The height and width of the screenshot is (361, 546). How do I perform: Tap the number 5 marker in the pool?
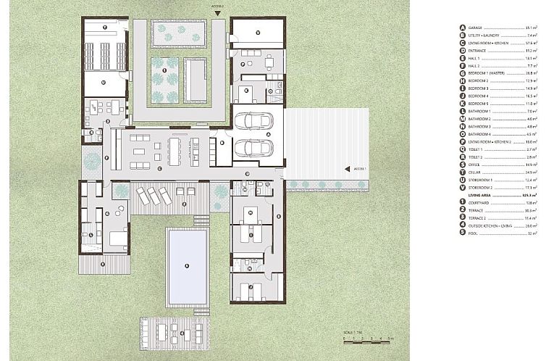click(x=186, y=265)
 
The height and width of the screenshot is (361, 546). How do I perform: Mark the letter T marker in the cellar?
click(x=105, y=28)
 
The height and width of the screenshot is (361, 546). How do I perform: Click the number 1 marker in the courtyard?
click(x=164, y=70)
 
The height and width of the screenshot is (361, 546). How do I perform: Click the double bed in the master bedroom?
click(x=116, y=238)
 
